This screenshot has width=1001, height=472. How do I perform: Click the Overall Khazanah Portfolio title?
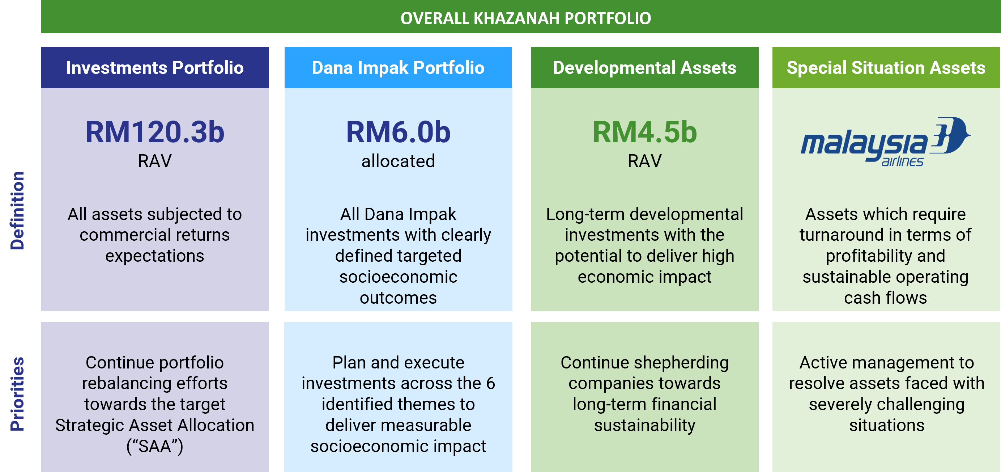click(525, 18)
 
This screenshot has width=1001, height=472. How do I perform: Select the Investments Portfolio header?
click(155, 68)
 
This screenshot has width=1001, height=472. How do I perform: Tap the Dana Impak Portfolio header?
click(398, 68)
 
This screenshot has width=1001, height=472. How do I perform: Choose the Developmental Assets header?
click(644, 68)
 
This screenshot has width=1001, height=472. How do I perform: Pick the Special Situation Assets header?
click(886, 68)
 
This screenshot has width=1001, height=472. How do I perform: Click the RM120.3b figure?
click(155, 132)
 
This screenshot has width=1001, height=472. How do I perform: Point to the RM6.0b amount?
click(398, 132)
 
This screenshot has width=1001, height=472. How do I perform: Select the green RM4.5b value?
click(644, 132)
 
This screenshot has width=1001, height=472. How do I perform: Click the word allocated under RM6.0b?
click(398, 161)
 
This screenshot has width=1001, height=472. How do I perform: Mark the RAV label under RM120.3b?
click(155, 161)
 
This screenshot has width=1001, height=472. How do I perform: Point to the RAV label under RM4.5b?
click(644, 161)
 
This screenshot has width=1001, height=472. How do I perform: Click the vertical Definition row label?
click(17, 210)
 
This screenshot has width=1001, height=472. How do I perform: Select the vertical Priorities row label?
click(17, 394)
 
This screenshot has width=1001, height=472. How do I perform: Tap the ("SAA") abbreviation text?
click(155, 446)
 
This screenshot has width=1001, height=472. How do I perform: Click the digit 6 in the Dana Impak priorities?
click(490, 384)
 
